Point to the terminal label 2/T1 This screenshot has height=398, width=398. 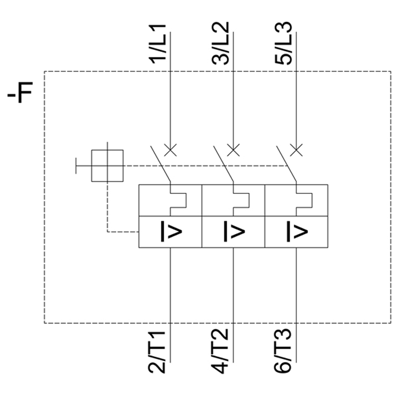coord(160,351)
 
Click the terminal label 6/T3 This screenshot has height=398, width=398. coord(284,351)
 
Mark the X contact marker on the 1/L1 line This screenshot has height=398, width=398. coord(171,150)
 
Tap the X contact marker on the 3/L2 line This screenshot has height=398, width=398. coord(233,150)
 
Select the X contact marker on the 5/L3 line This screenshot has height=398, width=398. coord(296,150)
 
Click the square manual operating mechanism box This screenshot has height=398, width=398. coord(107,165)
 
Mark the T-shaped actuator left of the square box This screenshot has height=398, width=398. coord(80,165)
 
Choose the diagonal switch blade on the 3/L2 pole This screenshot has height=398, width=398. coord(223,164)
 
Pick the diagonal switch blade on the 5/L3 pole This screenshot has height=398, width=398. coord(286,164)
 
